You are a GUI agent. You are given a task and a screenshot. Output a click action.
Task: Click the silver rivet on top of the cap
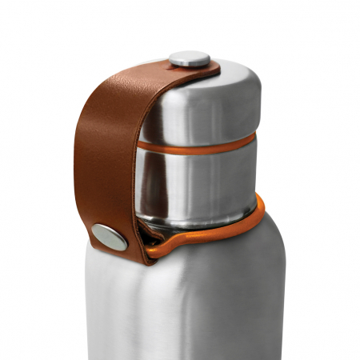(190, 58)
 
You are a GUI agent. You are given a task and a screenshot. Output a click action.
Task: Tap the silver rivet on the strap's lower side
(109, 236)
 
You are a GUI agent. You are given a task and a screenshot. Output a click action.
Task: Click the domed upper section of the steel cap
(208, 104)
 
